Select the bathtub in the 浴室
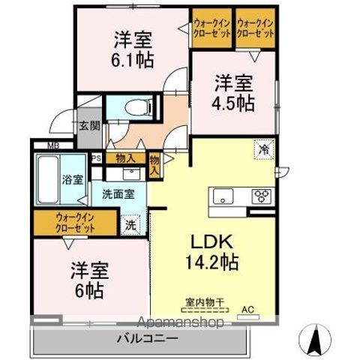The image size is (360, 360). [x=48, y=181]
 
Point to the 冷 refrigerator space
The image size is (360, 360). [x=262, y=148]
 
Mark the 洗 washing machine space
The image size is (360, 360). [x=130, y=223]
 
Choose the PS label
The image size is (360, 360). [x=96, y=158]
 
